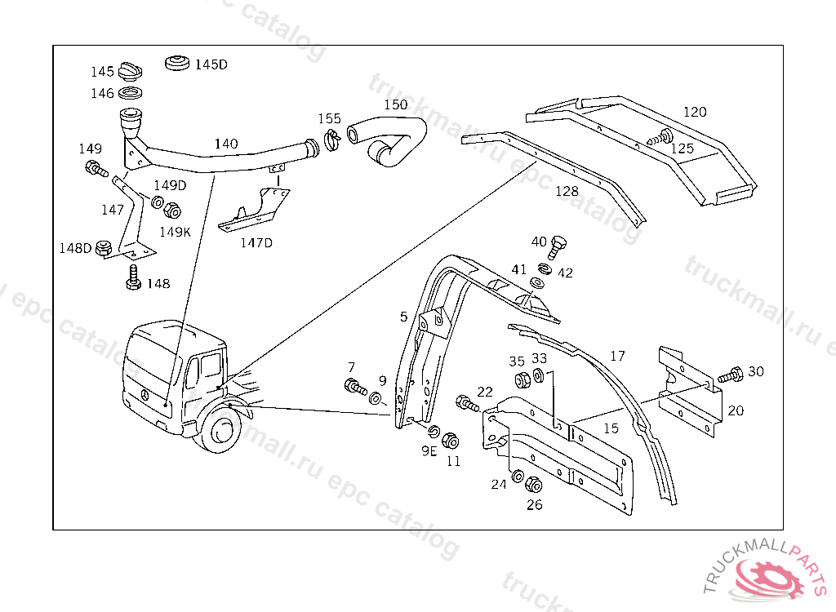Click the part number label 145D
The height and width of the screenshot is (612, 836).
[x=211, y=65]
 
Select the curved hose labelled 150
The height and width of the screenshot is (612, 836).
[x=392, y=136]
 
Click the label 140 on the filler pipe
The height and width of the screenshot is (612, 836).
[x=226, y=144]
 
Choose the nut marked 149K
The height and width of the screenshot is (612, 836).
[x=172, y=211]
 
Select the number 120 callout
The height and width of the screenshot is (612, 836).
[x=695, y=112]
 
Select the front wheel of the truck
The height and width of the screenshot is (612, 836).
[x=220, y=432]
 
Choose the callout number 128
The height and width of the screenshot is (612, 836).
[x=567, y=192]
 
